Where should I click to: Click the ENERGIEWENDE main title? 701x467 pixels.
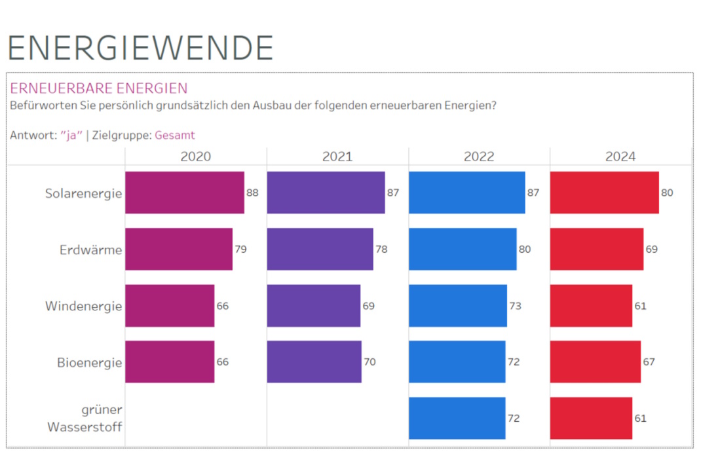[x=140, y=48]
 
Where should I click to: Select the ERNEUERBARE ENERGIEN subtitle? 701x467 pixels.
[x=99, y=88]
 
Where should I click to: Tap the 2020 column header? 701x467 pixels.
[x=195, y=157]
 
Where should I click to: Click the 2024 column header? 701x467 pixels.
[x=620, y=157]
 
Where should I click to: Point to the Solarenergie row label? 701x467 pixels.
[x=83, y=193]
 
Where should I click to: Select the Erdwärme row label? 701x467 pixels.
[x=90, y=250]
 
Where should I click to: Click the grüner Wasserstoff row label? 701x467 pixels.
[x=85, y=419]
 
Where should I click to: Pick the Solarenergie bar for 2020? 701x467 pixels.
[x=184, y=193]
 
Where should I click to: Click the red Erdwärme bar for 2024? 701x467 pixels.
[x=596, y=249]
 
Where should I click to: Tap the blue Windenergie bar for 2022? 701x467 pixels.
[x=457, y=306]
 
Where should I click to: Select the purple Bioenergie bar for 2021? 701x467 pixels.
[x=314, y=362]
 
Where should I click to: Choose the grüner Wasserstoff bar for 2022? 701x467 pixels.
[x=457, y=418]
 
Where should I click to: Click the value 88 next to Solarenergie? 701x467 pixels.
[x=252, y=193]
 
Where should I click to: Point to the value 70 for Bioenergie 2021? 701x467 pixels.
[x=369, y=362]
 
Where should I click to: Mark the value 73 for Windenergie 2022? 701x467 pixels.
[x=515, y=306]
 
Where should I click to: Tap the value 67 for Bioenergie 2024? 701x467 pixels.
[x=649, y=362]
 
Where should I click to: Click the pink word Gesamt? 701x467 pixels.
[x=175, y=136]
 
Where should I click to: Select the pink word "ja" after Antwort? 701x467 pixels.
[x=71, y=136]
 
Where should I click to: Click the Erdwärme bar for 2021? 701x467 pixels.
[x=320, y=249]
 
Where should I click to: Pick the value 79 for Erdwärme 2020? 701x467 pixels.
[x=240, y=250]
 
